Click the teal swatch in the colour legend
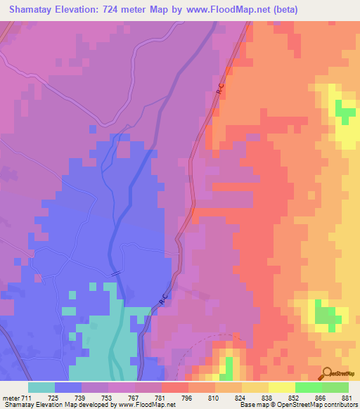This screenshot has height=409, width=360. pyautogui.click(x=41, y=387)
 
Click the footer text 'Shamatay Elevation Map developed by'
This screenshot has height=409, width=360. pyautogui.click(x=56, y=405)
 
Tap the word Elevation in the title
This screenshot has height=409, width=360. pyautogui.click(x=78, y=10)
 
